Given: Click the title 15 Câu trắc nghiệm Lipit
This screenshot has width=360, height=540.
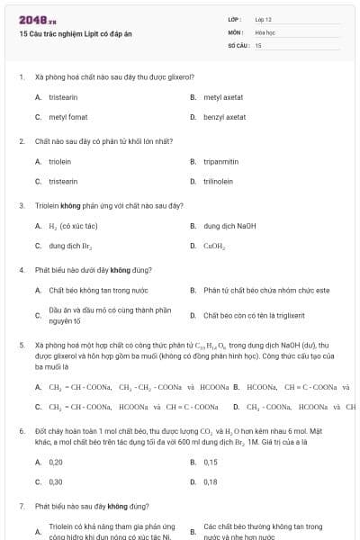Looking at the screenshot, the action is [x=70, y=33].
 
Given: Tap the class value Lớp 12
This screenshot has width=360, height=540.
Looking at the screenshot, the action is [x=264, y=19].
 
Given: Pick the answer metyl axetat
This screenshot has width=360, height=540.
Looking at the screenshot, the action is [x=224, y=96].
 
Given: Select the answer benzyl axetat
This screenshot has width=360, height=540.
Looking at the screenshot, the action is [x=224, y=117].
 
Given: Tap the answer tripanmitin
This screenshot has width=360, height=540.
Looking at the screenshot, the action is [x=220, y=161].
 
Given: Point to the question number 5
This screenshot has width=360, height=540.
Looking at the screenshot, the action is [x=21, y=345].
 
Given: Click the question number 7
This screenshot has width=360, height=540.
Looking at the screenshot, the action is [x=21, y=506].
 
